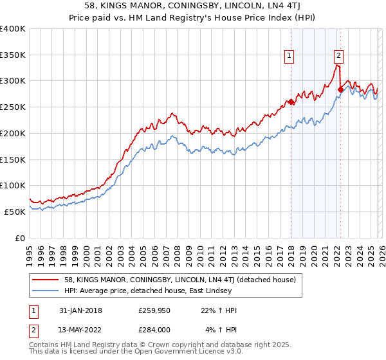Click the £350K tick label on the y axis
(13, 55)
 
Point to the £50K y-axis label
(15, 212)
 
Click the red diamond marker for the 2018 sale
(291, 102)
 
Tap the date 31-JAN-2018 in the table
(79, 310)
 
